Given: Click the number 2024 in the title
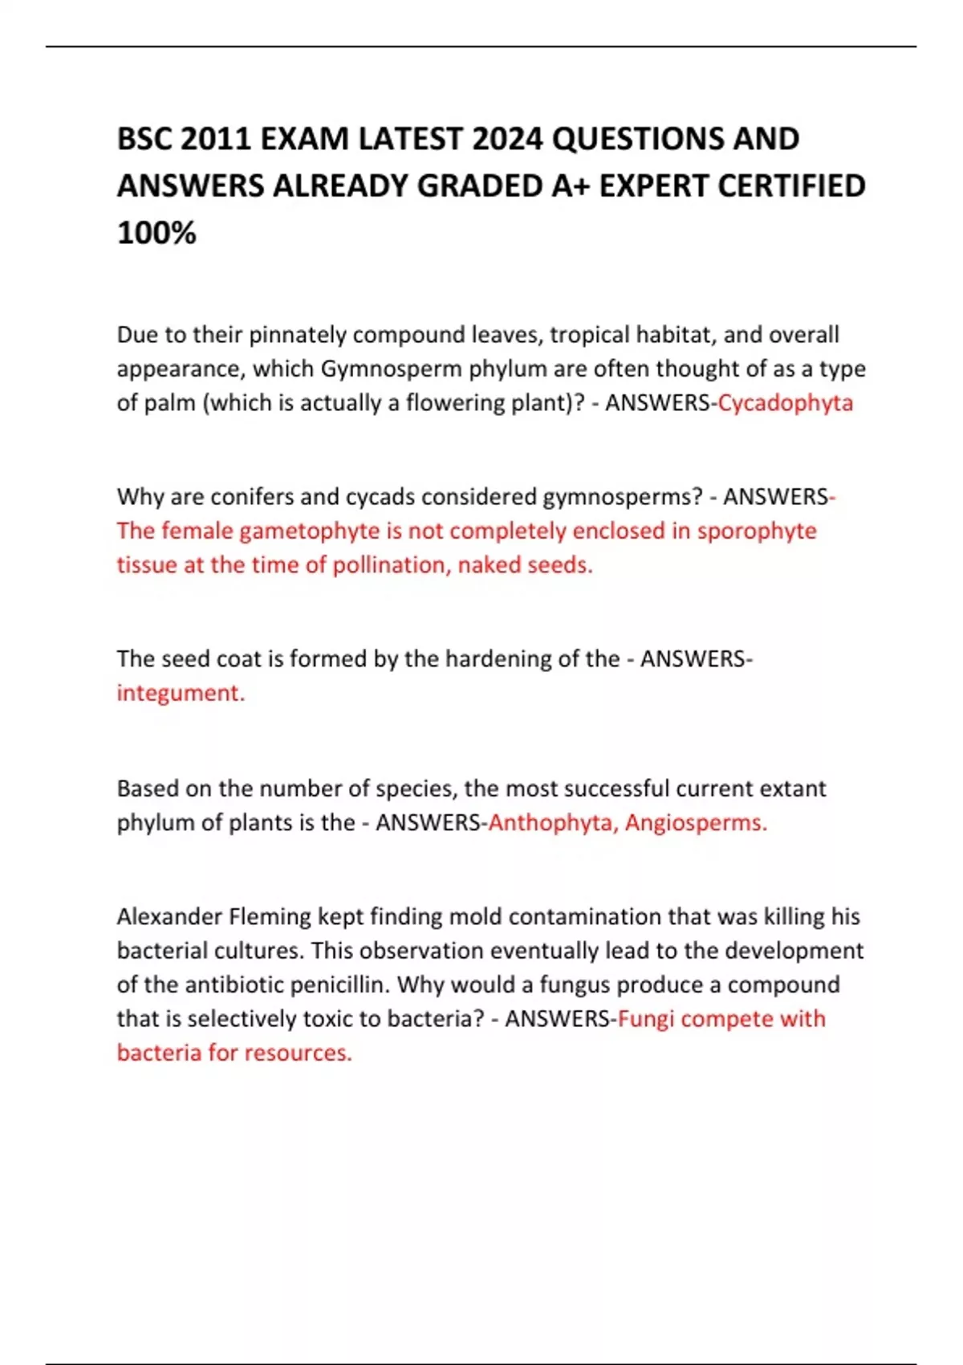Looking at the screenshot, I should click(x=507, y=139).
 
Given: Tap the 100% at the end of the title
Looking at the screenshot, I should click(x=156, y=233).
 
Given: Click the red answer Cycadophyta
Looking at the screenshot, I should click(x=785, y=402).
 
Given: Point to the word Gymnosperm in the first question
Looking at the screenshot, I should click(x=391, y=369).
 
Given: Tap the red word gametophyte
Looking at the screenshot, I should click(x=310, y=531).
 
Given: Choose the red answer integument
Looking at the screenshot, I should click(x=181, y=692).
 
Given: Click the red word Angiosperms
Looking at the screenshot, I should click(x=696, y=822).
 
